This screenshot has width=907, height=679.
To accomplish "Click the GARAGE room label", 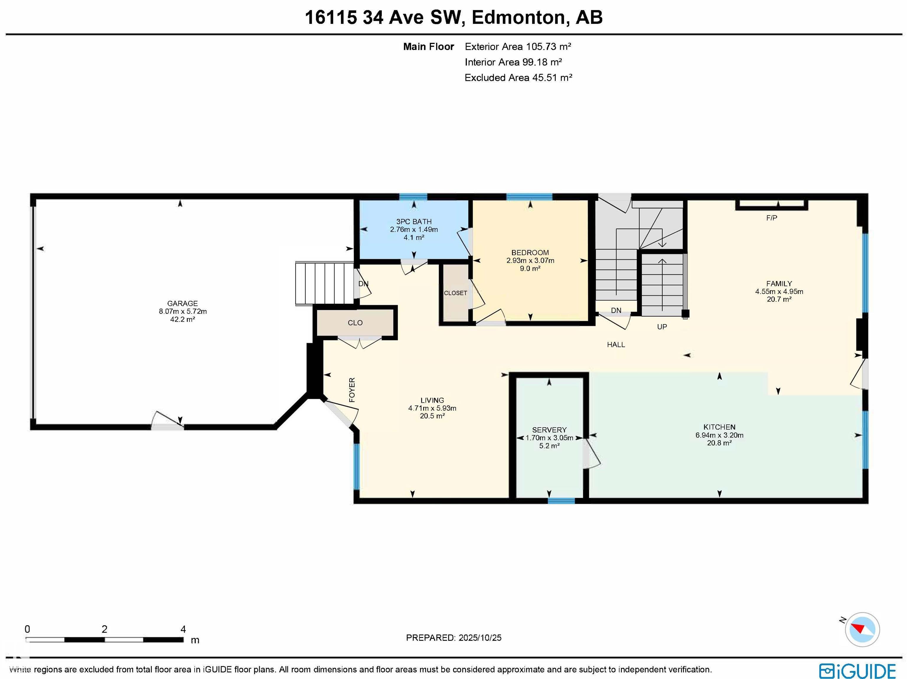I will point(182,303).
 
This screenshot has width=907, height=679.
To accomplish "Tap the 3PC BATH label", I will point(414,221).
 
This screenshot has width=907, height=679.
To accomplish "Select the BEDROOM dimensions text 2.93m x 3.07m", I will point(530,261).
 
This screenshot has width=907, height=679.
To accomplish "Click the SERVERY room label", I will point(549,430).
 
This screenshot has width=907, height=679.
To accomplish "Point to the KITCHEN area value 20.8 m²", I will point(719,443).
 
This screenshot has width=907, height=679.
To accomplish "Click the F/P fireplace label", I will point(771,218).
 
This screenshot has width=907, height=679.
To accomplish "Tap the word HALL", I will point(616,345).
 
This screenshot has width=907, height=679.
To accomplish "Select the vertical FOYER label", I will point(352,390).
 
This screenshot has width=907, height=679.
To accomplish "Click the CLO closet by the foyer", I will point(355,323).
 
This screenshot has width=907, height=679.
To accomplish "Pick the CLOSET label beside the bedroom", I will point(455,293).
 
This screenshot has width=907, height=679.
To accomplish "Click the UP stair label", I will point(662,327).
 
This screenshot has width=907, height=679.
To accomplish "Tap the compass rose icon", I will point(862,629).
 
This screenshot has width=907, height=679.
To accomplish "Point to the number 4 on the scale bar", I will point(183,629).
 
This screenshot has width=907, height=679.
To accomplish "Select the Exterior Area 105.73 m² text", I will point(518,47).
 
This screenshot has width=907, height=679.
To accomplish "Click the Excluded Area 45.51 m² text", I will point(518,77).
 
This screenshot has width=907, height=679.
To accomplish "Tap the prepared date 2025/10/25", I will point(480,638).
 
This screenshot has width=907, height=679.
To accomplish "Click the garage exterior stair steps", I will point(325,283).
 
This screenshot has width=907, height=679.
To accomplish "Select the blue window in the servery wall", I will point(561,500).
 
